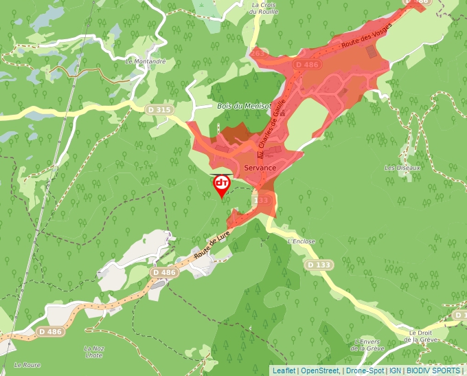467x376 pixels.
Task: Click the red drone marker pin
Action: (x=222, y=185)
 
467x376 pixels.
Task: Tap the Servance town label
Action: (x=260, y=168)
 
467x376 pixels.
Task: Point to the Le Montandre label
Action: (x=146, y=61)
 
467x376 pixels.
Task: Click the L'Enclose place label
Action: (x=301, y=241)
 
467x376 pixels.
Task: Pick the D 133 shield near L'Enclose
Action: (x=319, y=265)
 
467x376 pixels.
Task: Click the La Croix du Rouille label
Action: (x=262, y=8)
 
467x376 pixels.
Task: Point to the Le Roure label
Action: (x=27, y=364)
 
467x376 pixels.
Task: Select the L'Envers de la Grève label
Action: (x=367, y=345)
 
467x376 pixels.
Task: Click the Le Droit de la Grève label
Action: (x=422, y=335)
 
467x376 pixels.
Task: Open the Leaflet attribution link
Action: (x=284, y=371)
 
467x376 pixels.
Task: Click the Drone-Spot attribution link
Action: (x=365, y=371)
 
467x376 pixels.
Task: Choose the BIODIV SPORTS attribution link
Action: (x=433, y=371)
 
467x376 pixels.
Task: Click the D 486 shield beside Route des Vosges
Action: (x=306, y=64)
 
